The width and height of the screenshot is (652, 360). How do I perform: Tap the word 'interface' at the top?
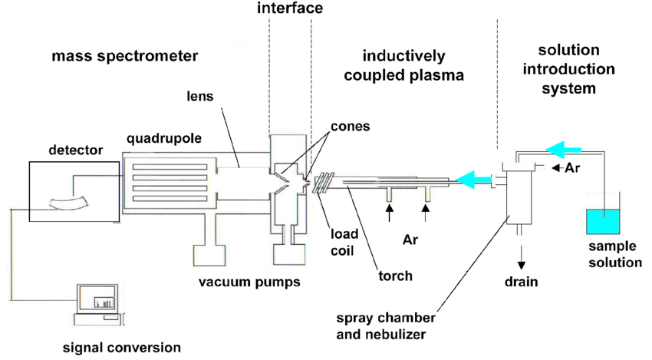[290, 9]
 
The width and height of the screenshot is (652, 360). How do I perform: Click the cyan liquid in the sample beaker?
[602, 222]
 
